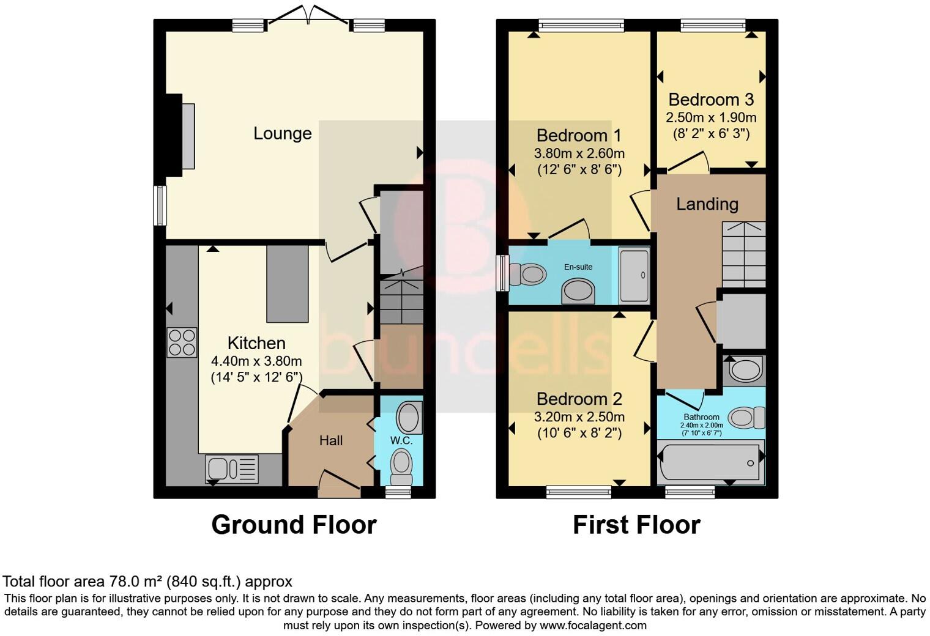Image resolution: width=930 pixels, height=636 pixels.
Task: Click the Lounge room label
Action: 282,133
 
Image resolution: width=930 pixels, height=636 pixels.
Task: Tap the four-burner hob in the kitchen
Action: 182,342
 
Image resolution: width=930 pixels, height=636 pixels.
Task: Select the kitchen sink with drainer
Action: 232,469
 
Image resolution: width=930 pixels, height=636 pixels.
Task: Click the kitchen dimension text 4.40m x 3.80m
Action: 256,361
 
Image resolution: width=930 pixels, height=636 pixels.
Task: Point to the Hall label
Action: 330,441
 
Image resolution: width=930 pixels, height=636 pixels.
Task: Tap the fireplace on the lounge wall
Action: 181,136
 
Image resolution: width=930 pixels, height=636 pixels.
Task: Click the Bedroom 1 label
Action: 579,135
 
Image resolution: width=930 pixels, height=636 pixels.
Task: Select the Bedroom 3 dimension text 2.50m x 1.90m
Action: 711,117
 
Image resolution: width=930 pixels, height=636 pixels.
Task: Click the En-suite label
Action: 578,267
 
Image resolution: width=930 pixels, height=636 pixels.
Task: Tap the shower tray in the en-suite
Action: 634,276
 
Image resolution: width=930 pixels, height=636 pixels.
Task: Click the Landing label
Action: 707,204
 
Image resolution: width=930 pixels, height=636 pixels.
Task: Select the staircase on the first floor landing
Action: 744,254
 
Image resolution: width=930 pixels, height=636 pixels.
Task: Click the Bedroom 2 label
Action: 579,399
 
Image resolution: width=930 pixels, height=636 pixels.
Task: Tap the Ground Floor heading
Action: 294,525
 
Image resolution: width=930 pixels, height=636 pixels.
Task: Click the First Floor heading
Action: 636,525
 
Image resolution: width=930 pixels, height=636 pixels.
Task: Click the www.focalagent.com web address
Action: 593,626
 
